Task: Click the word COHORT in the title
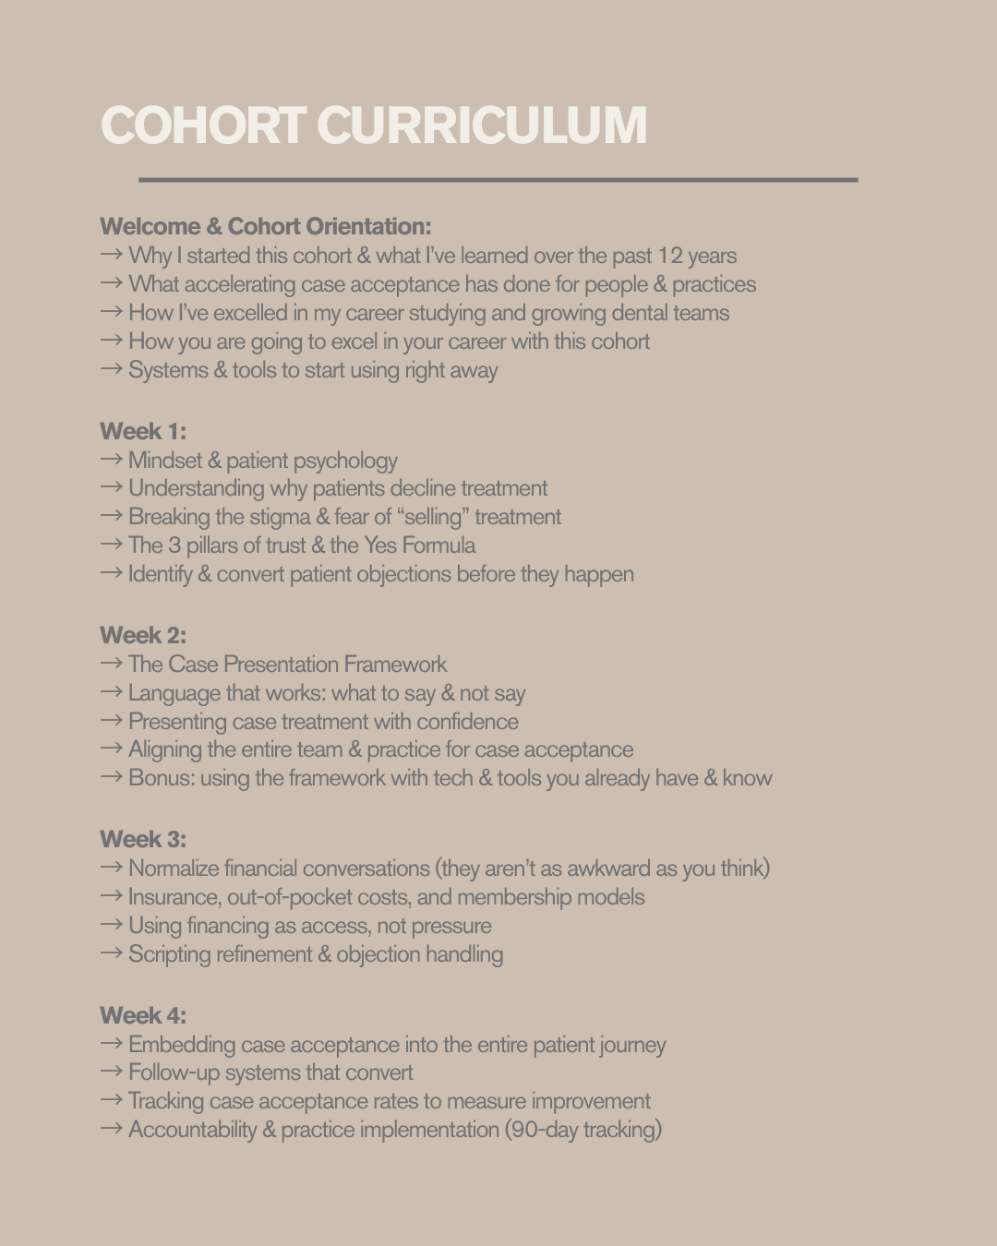203,126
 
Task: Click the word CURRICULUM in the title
482,126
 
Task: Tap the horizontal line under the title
498,180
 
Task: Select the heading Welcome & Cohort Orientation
265,226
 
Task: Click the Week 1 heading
143,431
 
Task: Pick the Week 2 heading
143,635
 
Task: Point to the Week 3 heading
143,839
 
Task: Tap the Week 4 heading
143,1015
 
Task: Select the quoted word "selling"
433,517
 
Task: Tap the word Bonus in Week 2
162,778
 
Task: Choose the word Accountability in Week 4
192,1130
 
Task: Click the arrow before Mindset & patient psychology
111,460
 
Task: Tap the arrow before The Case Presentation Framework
111,664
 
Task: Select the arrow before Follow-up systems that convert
111,1072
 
